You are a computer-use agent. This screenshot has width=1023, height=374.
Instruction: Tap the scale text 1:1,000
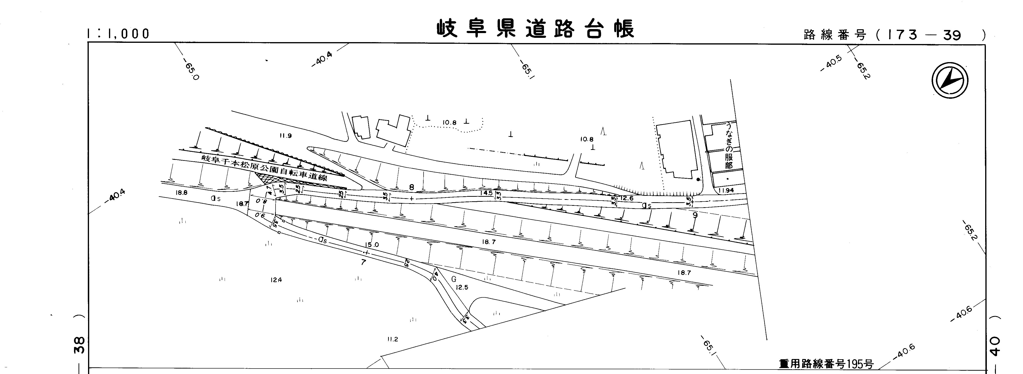click(118, 34)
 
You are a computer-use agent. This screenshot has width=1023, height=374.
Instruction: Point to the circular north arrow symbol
click(949, 81)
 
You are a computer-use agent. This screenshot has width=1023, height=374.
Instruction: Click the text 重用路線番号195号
click(826, 364)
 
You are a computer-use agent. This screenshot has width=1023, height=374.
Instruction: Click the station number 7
click(363, 262)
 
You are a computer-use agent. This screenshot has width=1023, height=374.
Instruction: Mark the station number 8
click(411, 187)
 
